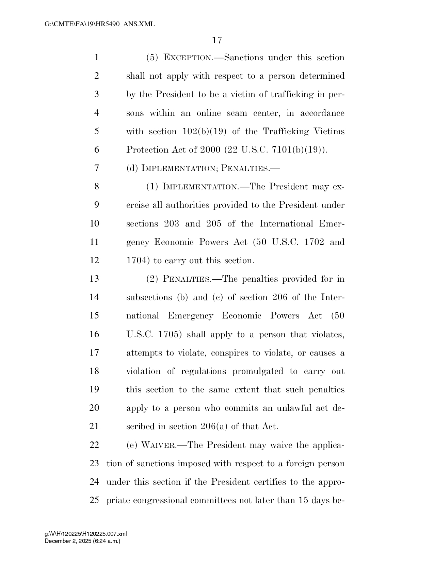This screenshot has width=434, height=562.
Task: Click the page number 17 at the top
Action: pos(217,41)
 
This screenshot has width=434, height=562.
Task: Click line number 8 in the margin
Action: pos(97,187)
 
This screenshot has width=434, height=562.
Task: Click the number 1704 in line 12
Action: pos(137,261)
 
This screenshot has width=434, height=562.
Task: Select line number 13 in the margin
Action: pos(94,279)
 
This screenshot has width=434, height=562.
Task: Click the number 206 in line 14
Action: pos(280,297)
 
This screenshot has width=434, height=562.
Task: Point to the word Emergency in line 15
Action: pos(191,316)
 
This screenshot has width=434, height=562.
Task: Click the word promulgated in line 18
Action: pos(258,371)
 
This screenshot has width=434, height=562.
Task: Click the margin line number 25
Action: pos(94,500)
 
